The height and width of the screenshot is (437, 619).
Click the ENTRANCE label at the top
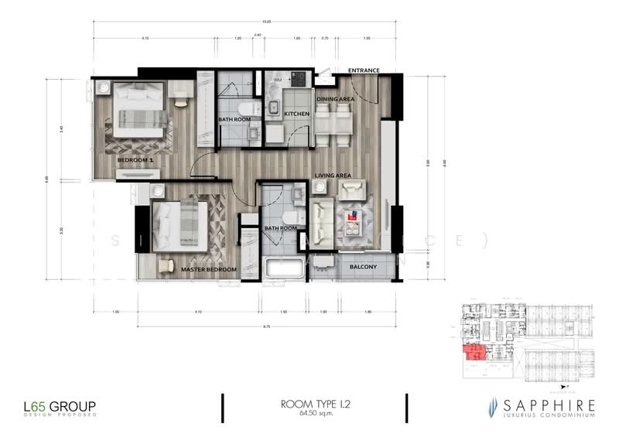364,70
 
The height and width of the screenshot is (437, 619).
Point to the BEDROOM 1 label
135,160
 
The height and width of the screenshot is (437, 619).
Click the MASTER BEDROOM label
208,270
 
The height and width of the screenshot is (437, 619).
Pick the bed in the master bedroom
181,225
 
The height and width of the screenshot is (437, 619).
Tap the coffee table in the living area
353,220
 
